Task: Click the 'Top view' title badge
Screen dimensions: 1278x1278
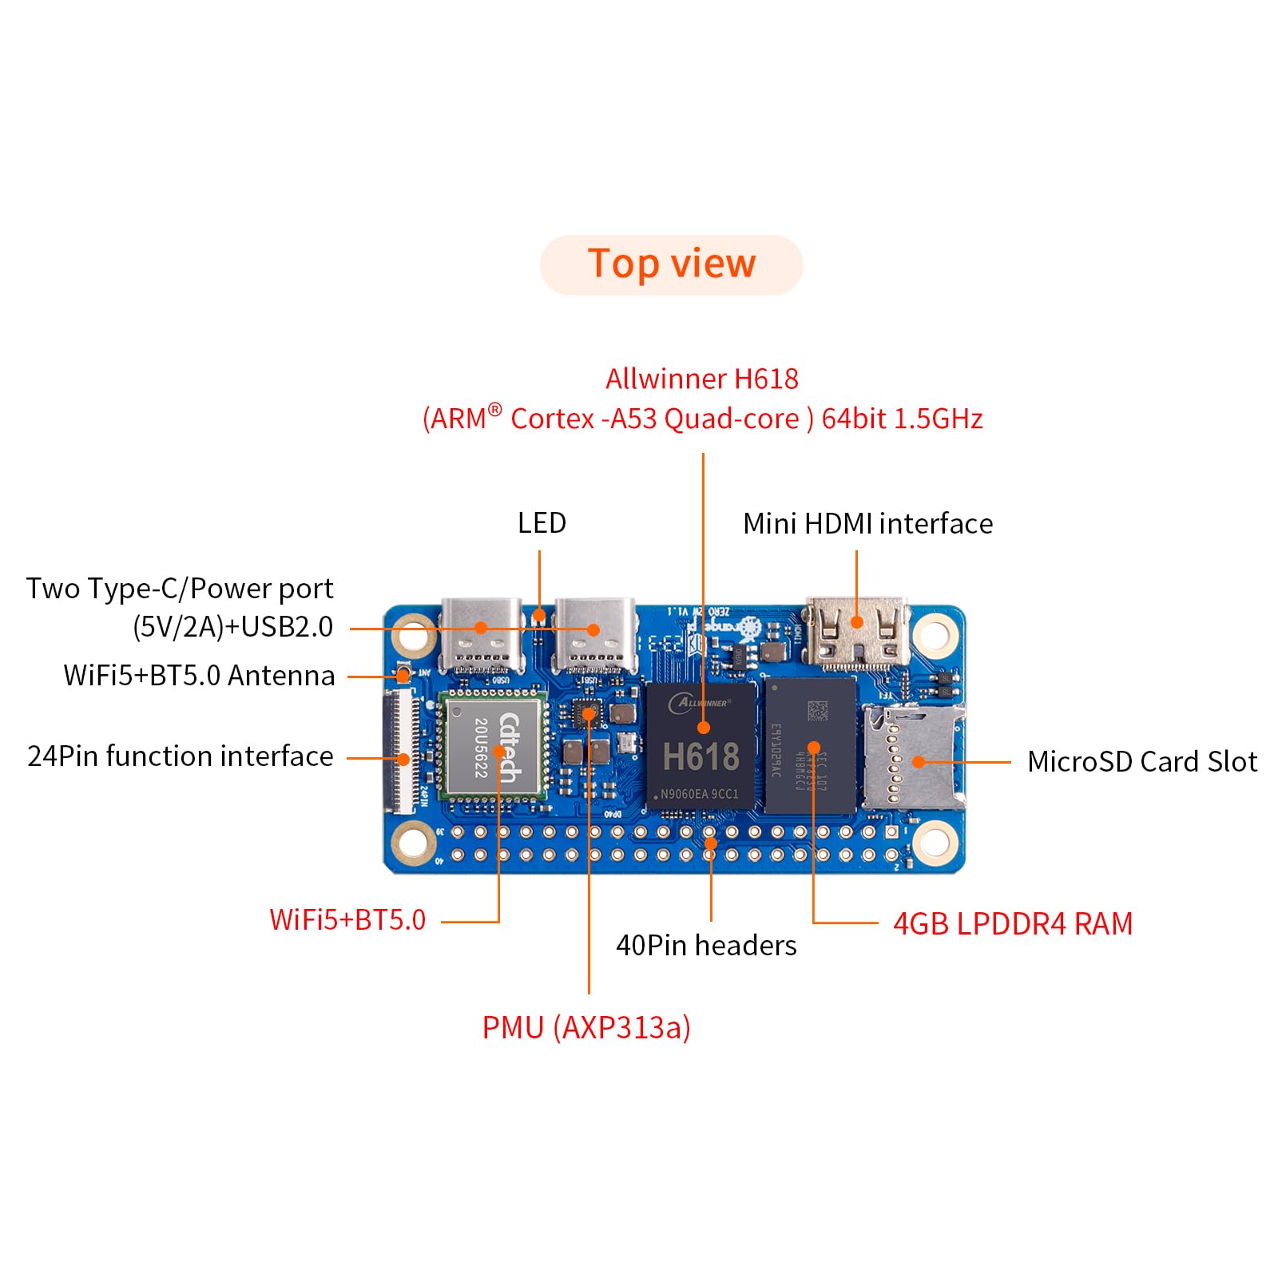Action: click(671, 264)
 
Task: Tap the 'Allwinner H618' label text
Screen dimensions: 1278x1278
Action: click(701, 379)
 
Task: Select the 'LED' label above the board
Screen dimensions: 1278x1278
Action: click(542, 523)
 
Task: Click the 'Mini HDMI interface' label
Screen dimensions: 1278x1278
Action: click(867, 524)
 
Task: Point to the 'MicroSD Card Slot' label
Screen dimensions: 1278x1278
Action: click(1141, 761)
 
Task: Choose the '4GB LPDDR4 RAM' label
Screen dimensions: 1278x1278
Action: click(1012, 923)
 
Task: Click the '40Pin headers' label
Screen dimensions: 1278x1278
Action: click(706, 946)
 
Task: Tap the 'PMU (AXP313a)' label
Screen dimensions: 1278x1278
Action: click(586, 1027)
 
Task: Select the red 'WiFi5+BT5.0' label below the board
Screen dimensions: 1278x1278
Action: click(347, 920)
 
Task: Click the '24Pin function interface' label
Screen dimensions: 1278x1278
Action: click(181, 756)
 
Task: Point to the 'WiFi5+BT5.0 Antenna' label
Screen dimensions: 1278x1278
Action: click(199, 676)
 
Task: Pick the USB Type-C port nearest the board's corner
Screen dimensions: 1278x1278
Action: click(481, 634)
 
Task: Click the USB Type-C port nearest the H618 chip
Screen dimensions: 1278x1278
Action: click(594, 634)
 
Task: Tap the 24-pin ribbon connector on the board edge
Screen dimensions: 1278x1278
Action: click(403, 751)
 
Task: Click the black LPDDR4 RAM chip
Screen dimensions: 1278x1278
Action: click(811, 745)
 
